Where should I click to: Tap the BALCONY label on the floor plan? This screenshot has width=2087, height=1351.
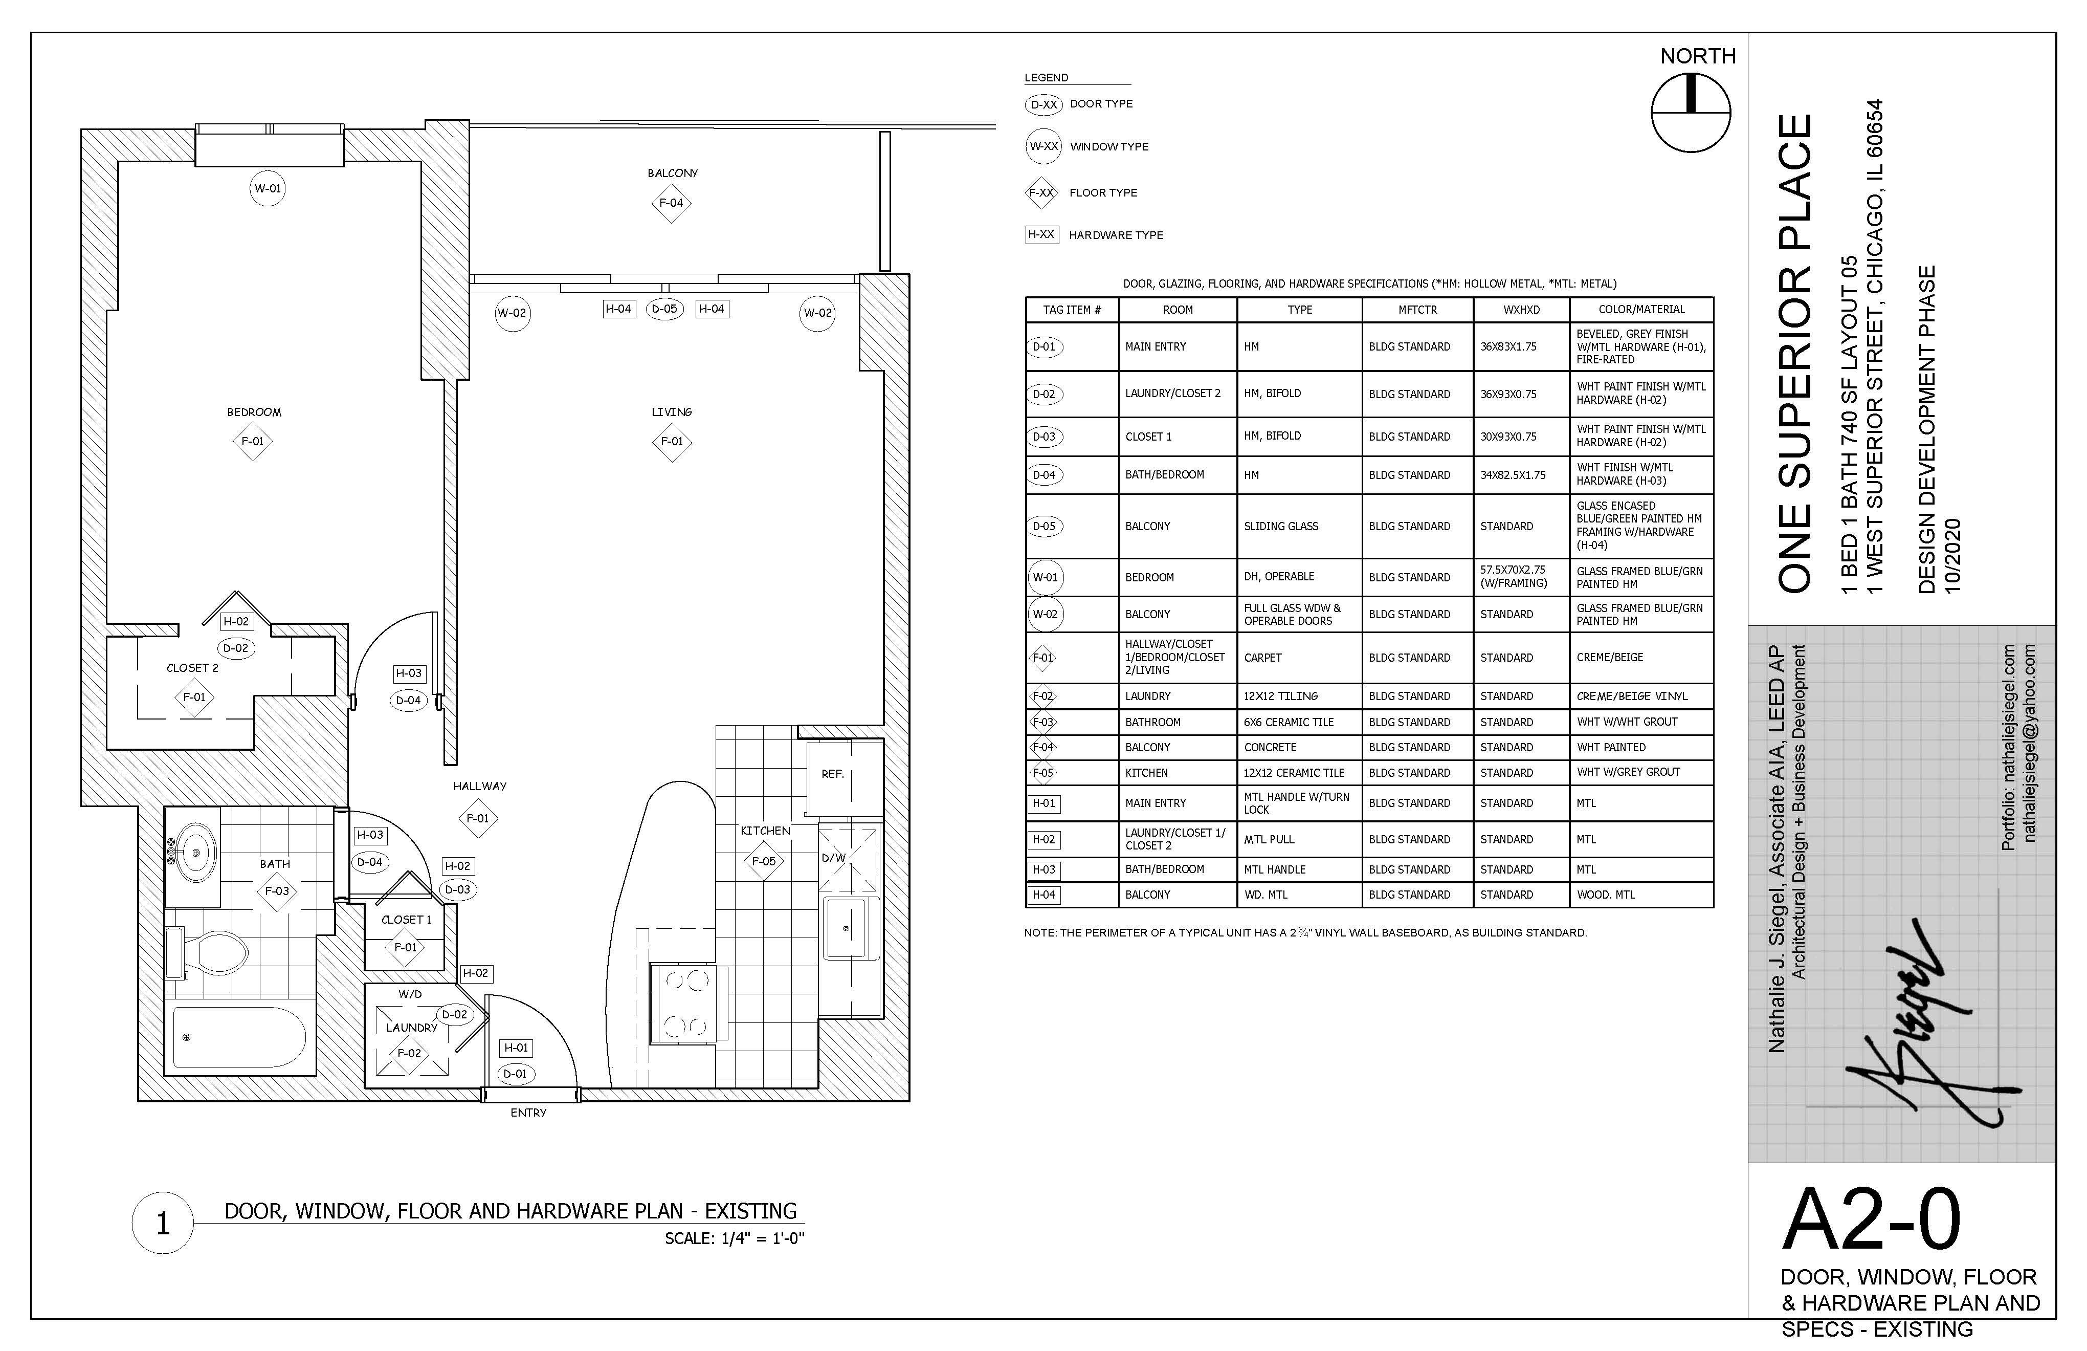pyautogui.click(x=673, y=173)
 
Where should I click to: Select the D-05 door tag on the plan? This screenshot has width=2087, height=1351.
pyautogui.click(x=664, y=309)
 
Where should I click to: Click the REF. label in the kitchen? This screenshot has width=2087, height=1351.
pyautogui.click(x=832, y=774)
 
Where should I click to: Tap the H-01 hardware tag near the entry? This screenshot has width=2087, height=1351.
pyautogui.click(x=517, y=1048)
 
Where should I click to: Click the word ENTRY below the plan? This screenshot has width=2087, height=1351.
pyautogui.click(x=529, y=1113)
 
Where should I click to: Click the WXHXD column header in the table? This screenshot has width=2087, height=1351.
pyautogui.click(x=1521, y=310)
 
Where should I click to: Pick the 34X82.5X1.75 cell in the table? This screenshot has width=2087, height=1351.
pyautogui.click(x=1514, y=474)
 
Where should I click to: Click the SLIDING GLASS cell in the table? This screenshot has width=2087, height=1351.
pyautogui.click(x=1281, y=527)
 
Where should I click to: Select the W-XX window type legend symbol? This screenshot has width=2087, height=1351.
pyautogui.click(x=1043, y=146)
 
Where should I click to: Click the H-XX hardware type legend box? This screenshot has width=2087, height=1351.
pyautogui.click(x=1042, y=235)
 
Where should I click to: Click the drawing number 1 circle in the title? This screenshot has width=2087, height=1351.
pyautogui.click(x=162, y=1223)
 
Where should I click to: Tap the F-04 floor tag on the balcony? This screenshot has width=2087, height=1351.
pyautogui.click(x=671, y=203)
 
